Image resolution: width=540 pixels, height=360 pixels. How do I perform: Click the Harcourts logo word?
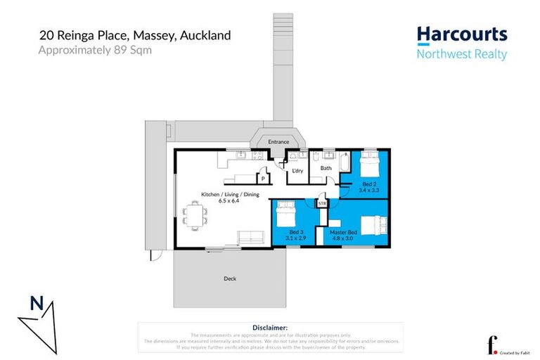click(461, 34)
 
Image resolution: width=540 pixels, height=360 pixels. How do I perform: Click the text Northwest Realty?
click(461, 54)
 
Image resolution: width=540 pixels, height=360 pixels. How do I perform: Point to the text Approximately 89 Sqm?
click(94, 50)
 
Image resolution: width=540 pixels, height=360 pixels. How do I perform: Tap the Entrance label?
click(278, 142)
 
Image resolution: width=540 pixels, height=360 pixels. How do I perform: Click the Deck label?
click(230, 278)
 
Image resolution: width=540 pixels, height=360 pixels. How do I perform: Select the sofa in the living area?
click(250, 238)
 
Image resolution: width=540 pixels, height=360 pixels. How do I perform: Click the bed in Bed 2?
click(368, 168)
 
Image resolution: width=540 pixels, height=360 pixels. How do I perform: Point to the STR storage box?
click(322, 204)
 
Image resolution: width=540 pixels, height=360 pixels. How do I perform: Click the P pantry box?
click(262, 179)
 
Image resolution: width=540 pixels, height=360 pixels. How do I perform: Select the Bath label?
click(326, 169)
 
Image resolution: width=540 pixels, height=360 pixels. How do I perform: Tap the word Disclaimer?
click(269, 328)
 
